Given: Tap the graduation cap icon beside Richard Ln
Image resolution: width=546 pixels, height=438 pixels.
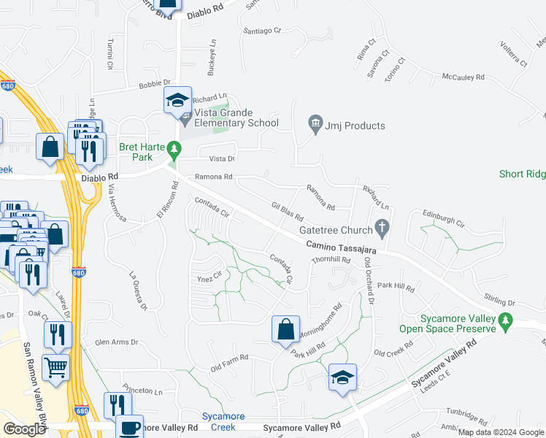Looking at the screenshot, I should pos(177,101).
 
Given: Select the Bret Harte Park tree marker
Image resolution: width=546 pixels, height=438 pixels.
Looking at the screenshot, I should pos(174,150).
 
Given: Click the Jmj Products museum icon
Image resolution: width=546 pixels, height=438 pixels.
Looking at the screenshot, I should pos(315,126).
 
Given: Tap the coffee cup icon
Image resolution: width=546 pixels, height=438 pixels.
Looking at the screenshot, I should pos(130,427).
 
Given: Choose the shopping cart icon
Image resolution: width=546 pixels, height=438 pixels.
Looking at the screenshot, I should pos(55,368).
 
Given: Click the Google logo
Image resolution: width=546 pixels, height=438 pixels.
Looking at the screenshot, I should pos(24,429).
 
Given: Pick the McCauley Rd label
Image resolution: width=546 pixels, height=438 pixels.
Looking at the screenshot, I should pos(464,77).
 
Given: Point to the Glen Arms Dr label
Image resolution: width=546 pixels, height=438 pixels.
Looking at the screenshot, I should pos(117,342).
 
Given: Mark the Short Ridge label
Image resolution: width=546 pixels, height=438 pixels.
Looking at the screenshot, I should pos(522,174).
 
